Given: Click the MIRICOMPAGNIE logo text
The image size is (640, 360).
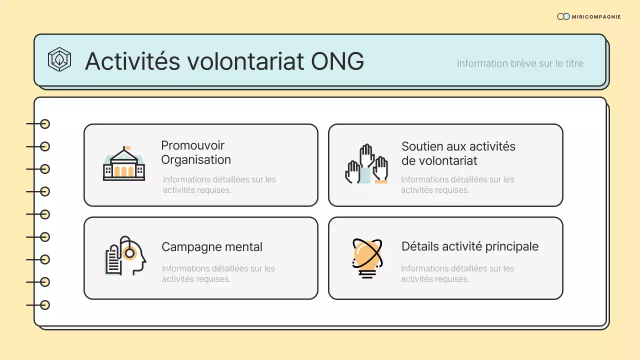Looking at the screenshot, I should pyautogui.click(x=596, y=17).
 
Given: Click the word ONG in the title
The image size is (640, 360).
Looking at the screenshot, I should pyautogui.click(x=337, y=61).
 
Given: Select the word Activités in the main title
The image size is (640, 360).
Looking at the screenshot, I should pyautogui.click(x=132, y=61).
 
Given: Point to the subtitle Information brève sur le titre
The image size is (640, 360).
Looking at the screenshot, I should pyautogui.click(x=520, y=63).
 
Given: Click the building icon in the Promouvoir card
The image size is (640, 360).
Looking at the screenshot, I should pyautogui.click(x=124, y=164).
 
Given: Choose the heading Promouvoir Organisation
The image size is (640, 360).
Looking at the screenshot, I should pyautogui.click(x=195, y=152).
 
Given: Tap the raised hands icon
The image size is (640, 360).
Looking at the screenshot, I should pyautogui.click(x=366, y=164).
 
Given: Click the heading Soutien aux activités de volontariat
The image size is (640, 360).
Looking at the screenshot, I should pyautogui.click(x=458, y=153).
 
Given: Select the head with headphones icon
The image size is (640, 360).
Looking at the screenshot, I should pyautogui.click(x=125, y=255).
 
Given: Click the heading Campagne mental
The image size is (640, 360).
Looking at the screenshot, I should pyautogui.click(x=211, y=246).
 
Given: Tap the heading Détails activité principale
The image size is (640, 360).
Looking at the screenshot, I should pyautogui.click(x=469, y=246).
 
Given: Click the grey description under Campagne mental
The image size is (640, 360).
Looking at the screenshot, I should pyautogui.click(x=218, y=273).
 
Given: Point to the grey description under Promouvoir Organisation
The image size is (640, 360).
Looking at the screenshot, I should pyautogui.click(x=219, y=184).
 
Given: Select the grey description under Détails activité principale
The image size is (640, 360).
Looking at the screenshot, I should pyautogui.click(x=457, y=273).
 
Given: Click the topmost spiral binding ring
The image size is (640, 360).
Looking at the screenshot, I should pyautogui.click(x=45, y=124).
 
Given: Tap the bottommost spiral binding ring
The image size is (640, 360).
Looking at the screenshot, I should pyautogui.click(x=45, y=304).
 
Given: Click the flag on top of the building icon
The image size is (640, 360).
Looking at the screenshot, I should pyautogui.click(x=127, y=148).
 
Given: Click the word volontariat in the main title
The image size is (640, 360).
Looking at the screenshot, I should pyautogui.click(x=245, y=61).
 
